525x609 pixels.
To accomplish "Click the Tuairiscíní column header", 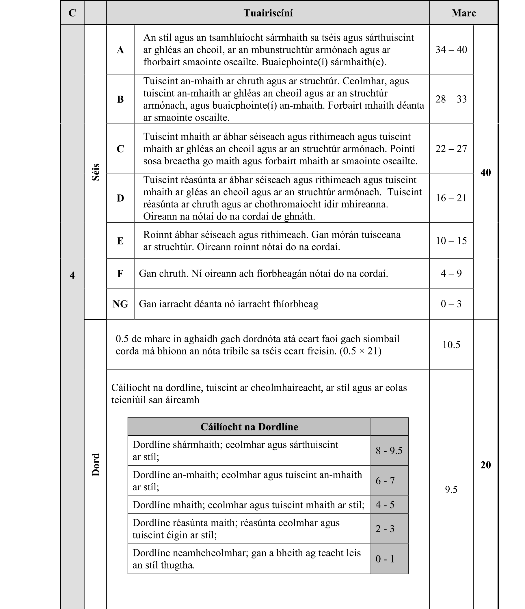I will click(x=268, y=13).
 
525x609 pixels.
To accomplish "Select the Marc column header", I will click(x=463, y=13).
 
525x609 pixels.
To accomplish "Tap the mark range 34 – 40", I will click(x=451, y=50).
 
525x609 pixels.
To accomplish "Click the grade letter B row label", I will click(x=120, y=99).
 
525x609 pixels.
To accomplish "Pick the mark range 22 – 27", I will click(x=451, y=149).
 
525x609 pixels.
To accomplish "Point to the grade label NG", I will click(x=120, y=304).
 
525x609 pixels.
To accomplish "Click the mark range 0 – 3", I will click(x=451, y=304).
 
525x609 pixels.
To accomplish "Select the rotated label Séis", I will click(x=96, y=172).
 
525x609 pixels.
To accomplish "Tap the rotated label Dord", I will click(x=96, y=464).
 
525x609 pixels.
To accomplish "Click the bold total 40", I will click(x=485, y=172).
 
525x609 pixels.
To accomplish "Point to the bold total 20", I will click(x=485, y=465).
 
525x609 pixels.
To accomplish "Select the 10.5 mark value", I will click(x=451, y=345).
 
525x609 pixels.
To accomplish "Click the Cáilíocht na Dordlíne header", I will click(x=249, y=427).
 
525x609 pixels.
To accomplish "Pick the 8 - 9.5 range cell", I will click(x=389, y=451).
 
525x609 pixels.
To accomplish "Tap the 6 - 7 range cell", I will click(x=385, y=481).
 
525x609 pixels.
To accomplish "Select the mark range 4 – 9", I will click(x=451, y=274).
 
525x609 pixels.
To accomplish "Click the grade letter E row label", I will click(x=120, y=241).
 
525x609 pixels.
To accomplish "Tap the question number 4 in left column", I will click(x=72, y=275).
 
